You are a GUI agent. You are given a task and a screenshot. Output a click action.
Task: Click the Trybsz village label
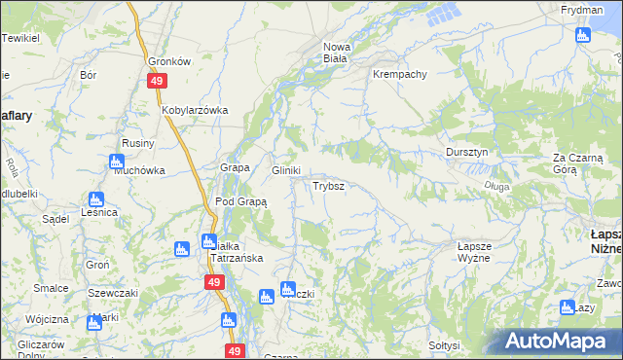pos(327,185)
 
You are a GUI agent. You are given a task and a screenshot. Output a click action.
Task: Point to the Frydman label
pos(582,10)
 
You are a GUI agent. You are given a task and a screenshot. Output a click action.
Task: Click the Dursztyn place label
pos(473,153)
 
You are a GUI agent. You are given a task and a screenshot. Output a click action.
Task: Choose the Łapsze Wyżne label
pos(479,254)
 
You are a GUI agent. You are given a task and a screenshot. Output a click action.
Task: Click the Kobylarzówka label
pos(195,110)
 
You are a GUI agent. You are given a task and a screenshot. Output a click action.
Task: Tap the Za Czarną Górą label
pos(578,162)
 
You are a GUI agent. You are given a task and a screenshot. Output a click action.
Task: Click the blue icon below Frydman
pos(583,36)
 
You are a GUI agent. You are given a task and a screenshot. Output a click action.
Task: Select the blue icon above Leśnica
pos(96,199)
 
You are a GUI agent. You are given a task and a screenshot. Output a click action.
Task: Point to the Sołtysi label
pos(443,345)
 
